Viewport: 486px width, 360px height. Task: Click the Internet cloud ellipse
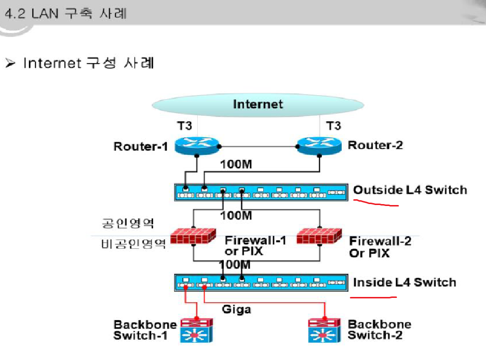(x=257, y=104)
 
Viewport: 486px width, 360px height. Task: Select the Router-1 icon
(x=196, y=145)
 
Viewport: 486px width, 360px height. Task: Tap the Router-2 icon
(x=319, y=145)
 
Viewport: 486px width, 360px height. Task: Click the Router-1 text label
(x=141, y=146)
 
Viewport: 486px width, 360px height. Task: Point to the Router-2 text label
(x=375, y=145)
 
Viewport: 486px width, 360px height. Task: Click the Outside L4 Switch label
(x=410, y=190)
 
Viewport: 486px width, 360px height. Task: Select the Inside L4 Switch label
(x=404, y=282)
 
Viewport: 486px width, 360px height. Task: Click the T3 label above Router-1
(x=184, y=126)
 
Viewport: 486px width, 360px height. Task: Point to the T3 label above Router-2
(x=333, y=126)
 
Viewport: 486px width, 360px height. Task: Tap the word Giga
(x=236, y=309)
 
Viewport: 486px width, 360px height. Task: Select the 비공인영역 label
(x=133, y=244)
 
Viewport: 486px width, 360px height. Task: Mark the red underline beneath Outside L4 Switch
(x=376, y=204)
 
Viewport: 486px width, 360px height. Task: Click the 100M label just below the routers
(x=236, y=164)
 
